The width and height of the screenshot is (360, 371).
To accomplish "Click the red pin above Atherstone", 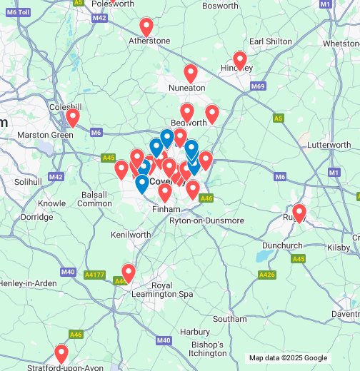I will tap(146, 27).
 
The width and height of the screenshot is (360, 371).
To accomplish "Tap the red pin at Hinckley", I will tap(240, 61).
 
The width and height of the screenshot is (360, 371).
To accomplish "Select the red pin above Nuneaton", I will tap(191, 73).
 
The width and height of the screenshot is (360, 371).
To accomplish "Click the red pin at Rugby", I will tap(299, 213).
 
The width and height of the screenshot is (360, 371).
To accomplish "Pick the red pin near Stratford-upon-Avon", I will tap(61, 353).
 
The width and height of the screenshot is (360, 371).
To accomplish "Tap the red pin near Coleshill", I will tap(72, 117).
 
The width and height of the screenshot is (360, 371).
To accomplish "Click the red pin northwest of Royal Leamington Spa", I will tap(129, 273).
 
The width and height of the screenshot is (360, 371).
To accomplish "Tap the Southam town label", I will tap(229, 319).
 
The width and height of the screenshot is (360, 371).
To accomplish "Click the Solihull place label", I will tap(28, 182).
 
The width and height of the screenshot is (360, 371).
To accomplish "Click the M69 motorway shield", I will tap(258, 86).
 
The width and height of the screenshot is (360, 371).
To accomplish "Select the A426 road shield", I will tap(266, 275).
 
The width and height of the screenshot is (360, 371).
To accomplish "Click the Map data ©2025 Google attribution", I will tap(288, 358).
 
